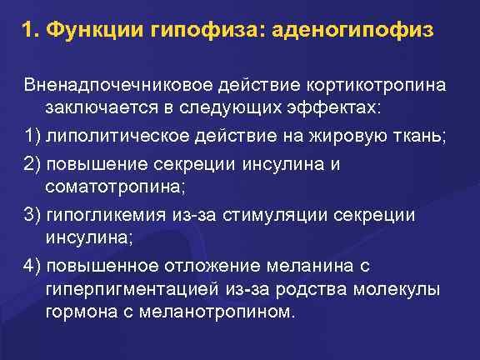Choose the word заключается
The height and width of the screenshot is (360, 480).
97,109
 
